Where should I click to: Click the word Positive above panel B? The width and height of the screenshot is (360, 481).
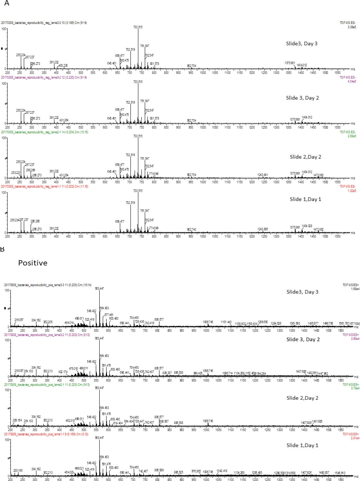tap(33, 263)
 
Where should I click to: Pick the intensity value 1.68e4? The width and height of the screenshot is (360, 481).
tap(353, 289)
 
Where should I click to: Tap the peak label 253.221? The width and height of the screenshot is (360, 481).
tap(16, 173)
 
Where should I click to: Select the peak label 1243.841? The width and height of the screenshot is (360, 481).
tap(263, 175)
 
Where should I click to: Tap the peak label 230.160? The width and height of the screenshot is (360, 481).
tap(18, 470)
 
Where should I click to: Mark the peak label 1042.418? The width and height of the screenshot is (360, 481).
tap(222, 471)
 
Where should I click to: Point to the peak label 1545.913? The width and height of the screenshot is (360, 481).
tap(340, 473)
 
